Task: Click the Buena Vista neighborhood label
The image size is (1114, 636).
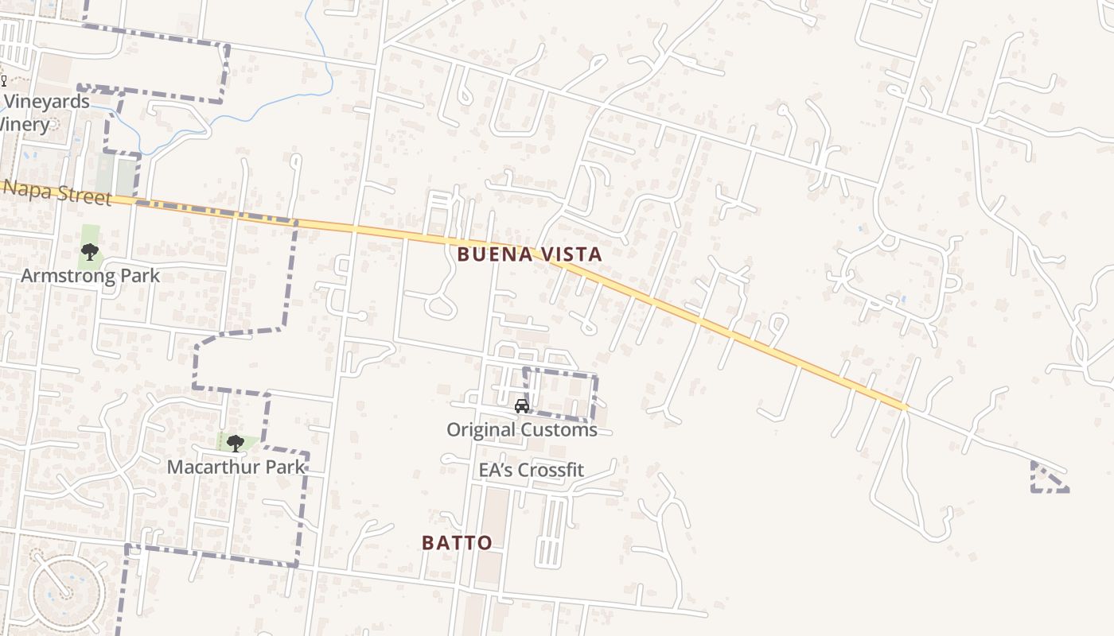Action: (x=529, y=254)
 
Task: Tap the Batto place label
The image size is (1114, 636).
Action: (x=457, y=543)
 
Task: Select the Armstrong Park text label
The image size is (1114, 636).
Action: (x=90, y=276)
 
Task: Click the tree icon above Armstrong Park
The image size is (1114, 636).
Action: (x=90, y=253)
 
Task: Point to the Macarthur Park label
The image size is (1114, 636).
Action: (x=236, y=467)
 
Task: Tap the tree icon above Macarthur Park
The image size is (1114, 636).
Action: (x=235, y=444)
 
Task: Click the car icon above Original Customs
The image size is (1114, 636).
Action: (x=522, y=406)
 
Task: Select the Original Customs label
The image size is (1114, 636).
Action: (x=521, y=430)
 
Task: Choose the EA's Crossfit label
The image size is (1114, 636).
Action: (x=531, y=470)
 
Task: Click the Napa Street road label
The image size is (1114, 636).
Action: (x=57, y=193)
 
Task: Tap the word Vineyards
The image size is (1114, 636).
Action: (x=47, y=102)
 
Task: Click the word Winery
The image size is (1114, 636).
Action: (x=25, y=125)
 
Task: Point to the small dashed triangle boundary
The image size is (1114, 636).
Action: (x=1046, y=479)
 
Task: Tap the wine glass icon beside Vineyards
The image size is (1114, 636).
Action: (x=3, y=80)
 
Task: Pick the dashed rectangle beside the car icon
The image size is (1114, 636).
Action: (x=560, y=394)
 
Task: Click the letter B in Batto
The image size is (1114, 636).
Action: (x=428, y=543)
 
